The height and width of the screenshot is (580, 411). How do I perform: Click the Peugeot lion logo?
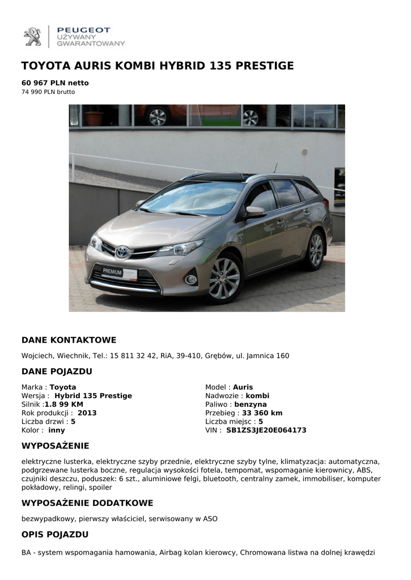coord(32,36)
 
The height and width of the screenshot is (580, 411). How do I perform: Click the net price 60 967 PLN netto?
coord(55,83)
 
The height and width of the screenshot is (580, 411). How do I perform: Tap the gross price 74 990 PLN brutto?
coord(48,92)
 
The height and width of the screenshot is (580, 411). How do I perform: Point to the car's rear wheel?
coord(315,250)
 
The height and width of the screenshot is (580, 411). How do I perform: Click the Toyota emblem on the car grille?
coord(122,251)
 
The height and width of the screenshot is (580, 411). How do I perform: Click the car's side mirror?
coord(256,211)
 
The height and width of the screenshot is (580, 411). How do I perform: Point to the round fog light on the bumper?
coord(191,279)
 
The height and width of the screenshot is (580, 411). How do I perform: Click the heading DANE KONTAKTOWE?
coord(69,340)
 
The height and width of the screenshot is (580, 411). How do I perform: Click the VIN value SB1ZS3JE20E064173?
coord(266,430)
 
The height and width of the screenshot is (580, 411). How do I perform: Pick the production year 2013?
coord(87,413)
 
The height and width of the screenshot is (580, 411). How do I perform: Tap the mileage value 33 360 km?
coord(262,413)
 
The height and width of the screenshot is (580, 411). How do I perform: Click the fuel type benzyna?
coord(250,404)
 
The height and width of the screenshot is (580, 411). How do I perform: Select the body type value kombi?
coord(257,395)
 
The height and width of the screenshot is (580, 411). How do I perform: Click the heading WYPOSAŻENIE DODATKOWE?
coord(87,503)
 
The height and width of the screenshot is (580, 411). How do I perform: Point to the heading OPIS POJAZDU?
coord(55,534)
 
